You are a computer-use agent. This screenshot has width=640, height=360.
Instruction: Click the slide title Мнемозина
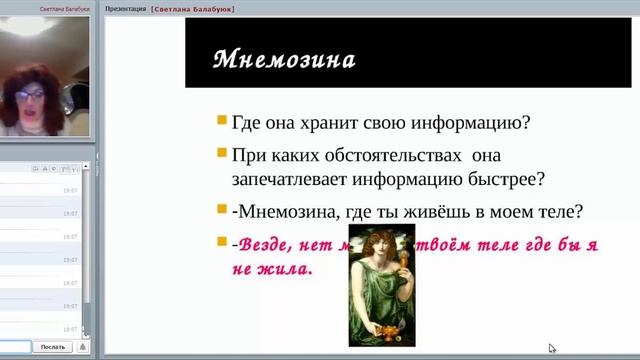tap(284, 59)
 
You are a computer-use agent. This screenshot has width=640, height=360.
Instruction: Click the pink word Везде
tap(273, 244)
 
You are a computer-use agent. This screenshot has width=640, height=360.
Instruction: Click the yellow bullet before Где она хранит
tap(221, 121)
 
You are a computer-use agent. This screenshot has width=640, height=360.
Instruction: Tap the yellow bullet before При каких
tap(221, 153)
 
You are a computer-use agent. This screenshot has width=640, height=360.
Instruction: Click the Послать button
tap(53, 347)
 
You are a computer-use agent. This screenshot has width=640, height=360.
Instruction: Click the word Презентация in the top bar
tap(125, 7)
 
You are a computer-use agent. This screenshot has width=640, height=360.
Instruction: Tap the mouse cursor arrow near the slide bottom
tap(552, 348)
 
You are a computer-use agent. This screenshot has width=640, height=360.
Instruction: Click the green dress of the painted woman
tap(380, 300)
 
